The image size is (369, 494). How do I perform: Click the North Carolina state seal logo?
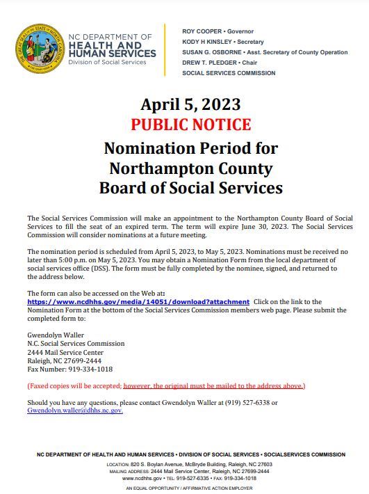click(x=39, y=49)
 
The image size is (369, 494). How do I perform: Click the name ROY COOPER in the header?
click(x=200, y=31)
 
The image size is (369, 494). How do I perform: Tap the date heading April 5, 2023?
click(x=190, y=104)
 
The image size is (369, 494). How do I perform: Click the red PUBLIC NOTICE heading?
click(x=190, y=125)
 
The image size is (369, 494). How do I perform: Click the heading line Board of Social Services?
click(x=190, y=188)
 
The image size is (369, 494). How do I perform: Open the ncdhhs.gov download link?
click(x=138, y=301)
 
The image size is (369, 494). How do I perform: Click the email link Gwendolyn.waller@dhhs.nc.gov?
click(x=75, y=411)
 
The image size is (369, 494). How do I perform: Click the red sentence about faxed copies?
click(x=165, y=385)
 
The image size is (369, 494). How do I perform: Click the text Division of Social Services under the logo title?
click(x=107, y=62)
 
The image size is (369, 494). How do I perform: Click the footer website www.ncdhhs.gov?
click(x=142, y=478)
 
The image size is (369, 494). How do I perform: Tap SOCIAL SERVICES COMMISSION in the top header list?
click(x=229, y=73)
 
